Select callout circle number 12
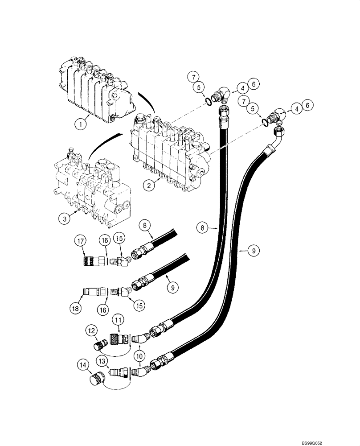pos(92,331)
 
